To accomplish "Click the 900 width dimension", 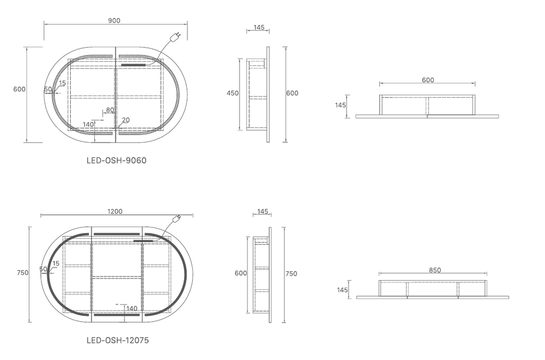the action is click(114, 21).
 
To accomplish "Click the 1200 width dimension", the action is click(115, 212).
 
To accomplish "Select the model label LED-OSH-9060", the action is click(117, 161).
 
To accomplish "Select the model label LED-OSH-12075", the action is click(118, 340).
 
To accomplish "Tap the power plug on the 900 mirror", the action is click(177, 36).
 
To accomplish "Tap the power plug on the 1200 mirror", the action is click(177, 219).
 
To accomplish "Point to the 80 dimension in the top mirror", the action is click(110, 110).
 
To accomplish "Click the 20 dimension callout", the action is click(126, 120).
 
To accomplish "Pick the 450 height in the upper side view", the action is click(233, 93).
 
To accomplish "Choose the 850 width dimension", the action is click(435, 270).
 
